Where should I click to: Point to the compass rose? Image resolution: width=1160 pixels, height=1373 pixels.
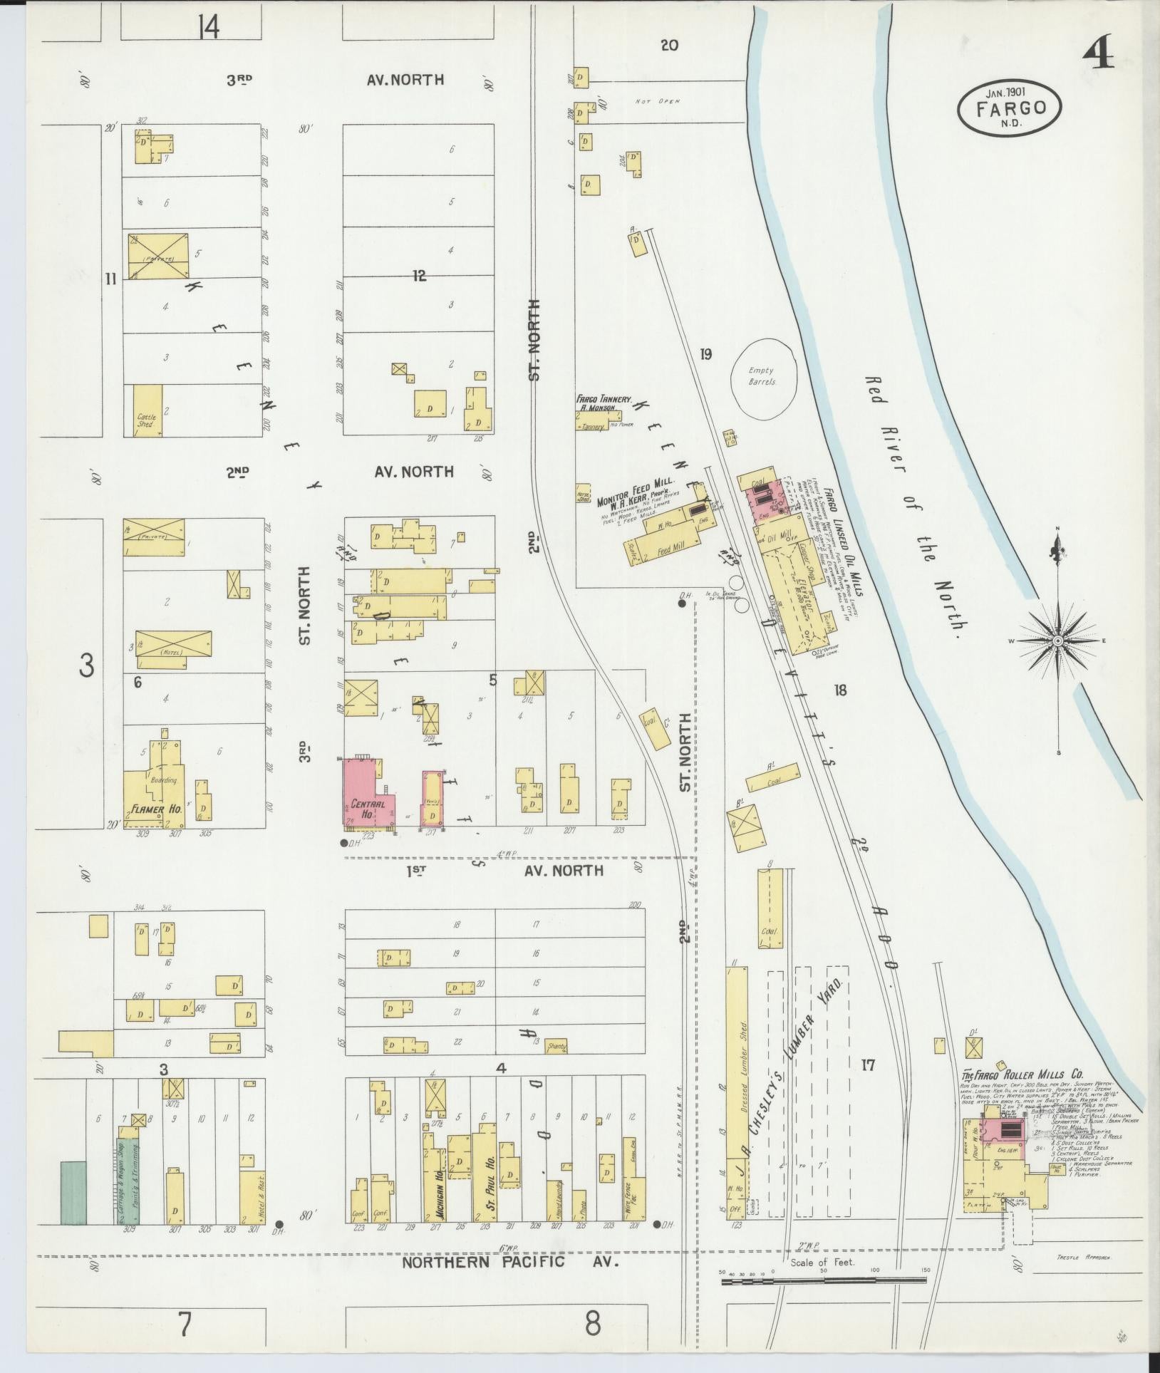tap(1058, 641)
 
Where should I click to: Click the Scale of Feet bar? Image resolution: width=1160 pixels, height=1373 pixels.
tap(824, 1280)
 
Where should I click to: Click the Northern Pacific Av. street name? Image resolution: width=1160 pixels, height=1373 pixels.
tap(509, 1263)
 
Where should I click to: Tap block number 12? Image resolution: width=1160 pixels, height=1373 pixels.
tap(419, 276)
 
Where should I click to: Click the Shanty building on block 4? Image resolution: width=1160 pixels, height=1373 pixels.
tap(555, 1047)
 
